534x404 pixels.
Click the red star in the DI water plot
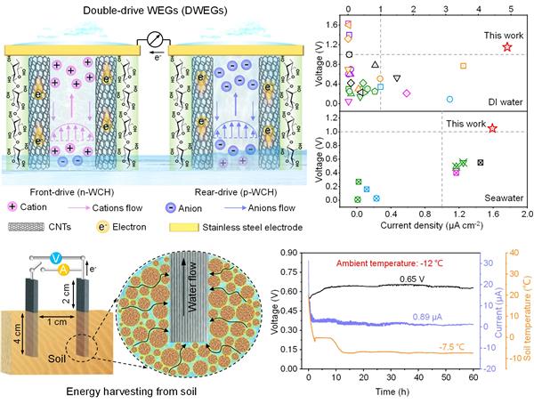(507, 46)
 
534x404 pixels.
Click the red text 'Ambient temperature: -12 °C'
(384, 263)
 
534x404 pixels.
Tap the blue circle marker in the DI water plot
(449, 100)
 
